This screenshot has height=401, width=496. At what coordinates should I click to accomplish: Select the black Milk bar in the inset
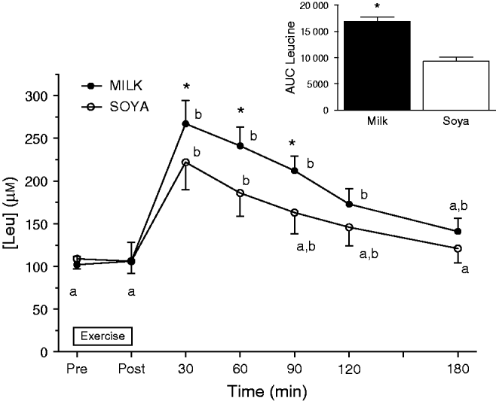(x=378, y=65)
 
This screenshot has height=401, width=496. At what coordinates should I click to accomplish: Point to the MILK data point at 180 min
(x=458, y=231)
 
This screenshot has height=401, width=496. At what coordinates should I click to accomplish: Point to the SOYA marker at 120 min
(x=349, y=227)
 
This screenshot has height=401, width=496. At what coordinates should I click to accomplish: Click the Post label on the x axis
(x=131, y=369)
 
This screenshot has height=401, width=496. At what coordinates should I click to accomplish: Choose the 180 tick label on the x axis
(x=458, y=369)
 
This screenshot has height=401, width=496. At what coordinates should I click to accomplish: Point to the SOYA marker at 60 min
(x=240, y=193)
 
